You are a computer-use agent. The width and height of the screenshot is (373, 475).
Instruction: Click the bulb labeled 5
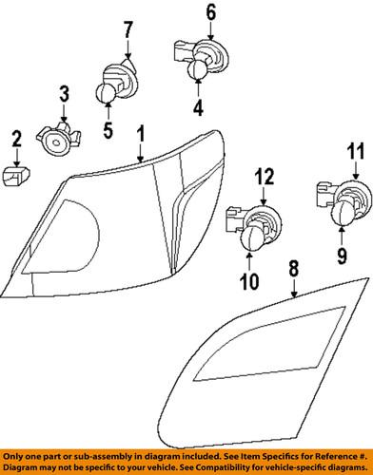point(107,92)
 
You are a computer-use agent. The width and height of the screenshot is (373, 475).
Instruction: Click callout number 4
point(198,107)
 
